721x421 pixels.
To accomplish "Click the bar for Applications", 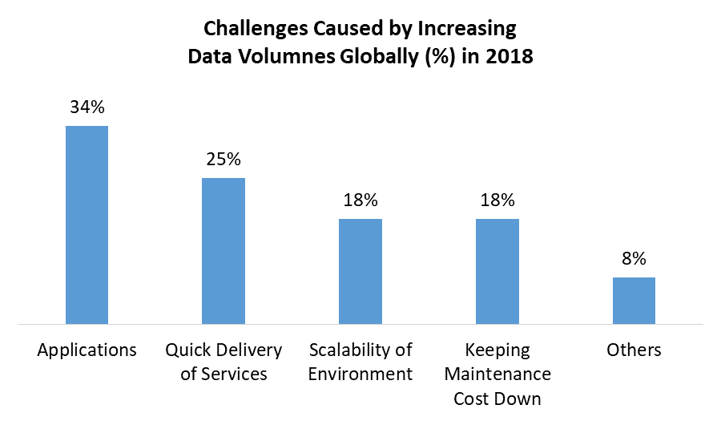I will [87, 225].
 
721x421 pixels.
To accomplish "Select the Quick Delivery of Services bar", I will [224, 251].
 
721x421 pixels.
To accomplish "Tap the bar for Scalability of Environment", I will [360, 272].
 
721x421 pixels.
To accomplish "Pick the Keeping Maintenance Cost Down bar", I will [497, 272].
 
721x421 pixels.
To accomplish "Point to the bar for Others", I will [634, 301].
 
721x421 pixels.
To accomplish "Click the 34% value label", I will [87, 107].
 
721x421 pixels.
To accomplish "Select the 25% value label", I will [224, 159].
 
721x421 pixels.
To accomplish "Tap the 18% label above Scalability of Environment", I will [360, 200].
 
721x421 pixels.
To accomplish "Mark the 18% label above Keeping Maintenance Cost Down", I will [497, 200].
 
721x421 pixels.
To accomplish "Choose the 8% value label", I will [634, 258].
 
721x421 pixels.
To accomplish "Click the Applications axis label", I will [87, 350].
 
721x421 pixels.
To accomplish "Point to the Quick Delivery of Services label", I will [224, 362].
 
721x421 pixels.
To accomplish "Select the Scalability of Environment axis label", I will [360, 362].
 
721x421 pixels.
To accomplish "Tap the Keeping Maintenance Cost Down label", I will [497, 374].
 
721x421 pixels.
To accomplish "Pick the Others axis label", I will [634, 350].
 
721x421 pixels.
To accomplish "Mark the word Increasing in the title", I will [465, 30].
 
